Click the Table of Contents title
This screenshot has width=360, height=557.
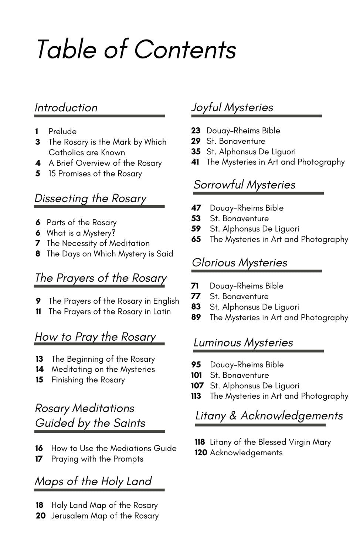[136, 49]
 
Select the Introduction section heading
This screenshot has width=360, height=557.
[66, 108]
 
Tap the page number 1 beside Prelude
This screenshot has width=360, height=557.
[37, 131]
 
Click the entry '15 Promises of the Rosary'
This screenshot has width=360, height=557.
[95, 173]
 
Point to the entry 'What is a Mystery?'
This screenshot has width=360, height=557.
[81, 233]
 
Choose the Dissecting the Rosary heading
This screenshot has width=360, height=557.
[91, 198]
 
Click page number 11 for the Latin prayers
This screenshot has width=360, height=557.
[38, 312]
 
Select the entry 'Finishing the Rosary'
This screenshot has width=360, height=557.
[88, 380]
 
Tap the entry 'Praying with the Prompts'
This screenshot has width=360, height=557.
[97, 459]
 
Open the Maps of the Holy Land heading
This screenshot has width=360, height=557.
[93, 481]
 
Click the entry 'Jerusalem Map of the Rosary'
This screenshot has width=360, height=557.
[105, 516]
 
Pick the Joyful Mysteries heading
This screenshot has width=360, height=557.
[232, 107]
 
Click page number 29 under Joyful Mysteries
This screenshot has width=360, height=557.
[196, 141]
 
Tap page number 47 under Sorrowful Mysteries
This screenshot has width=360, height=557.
[196, 208]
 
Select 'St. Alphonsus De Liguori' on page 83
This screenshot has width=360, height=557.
[254, 307]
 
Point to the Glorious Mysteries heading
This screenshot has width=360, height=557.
[240, 263]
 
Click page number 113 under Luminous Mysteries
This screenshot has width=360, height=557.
[196, 396]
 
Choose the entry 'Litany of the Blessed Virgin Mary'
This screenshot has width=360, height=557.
[270, 442]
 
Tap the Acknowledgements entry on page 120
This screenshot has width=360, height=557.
[246, 453]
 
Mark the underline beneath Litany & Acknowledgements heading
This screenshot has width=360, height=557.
[260, 425]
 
